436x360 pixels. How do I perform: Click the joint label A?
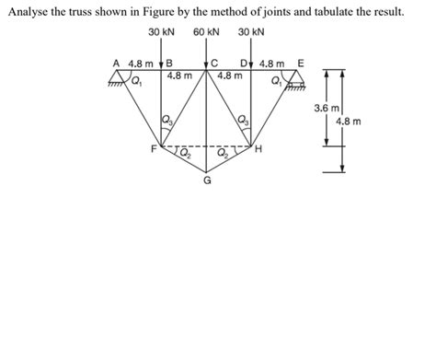(117, 64)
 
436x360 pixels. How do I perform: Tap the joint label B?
(169, 64)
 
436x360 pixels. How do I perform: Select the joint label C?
(213, 64)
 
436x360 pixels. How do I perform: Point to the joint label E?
(300, 64)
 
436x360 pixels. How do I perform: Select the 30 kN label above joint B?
(161, 32)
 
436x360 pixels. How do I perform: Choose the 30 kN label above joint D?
(250, 32)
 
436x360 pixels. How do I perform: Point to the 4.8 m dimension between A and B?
(142, 64)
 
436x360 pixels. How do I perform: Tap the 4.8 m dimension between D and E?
(273, 64)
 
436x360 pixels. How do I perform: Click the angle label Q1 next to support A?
(136, 80)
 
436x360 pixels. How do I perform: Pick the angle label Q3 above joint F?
(166, 119)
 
